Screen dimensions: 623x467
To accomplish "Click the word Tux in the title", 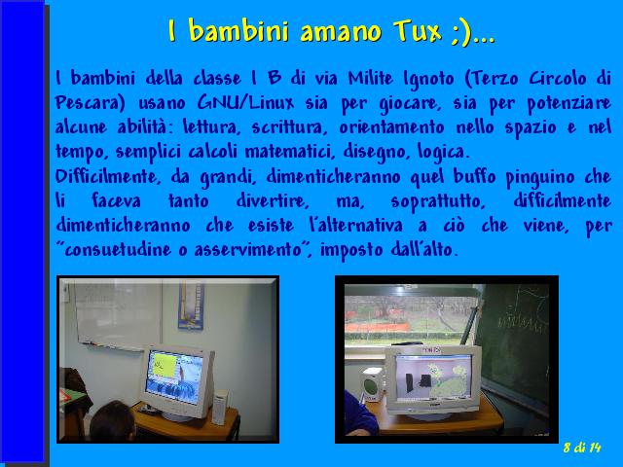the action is tap(418, 30).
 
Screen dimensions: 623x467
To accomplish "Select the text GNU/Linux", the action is tap(245, 103).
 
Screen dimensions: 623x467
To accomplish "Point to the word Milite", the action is tap(371, 78).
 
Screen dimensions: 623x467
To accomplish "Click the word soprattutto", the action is tap(438, 201).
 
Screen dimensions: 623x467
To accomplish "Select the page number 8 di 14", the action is tap(582, 448).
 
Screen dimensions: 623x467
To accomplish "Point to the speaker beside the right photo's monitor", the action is tap(372, 385).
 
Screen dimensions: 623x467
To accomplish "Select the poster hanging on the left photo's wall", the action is tap(191, 305).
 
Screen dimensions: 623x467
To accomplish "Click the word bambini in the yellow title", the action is tap(238, 30).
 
